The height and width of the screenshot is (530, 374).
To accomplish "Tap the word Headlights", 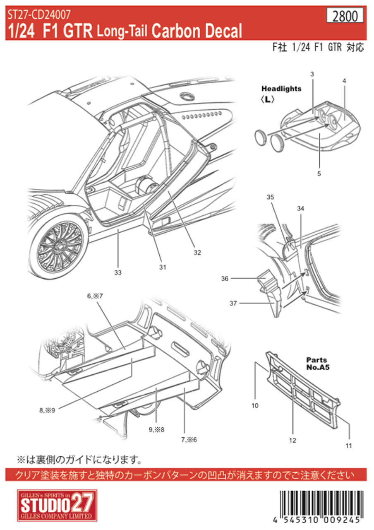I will (x=281, y=89).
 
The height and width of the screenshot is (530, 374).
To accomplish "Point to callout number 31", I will (x=162, y=267).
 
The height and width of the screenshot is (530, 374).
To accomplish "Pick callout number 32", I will (x=197, y=253).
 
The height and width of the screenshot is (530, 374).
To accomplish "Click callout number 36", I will (x=225, y=279).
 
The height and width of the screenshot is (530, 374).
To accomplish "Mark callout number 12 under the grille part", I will (x=292, y=441).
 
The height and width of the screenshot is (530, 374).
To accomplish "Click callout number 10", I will (x=255, y=405).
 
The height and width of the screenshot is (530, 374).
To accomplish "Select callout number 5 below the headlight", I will (x=319, y=173).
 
